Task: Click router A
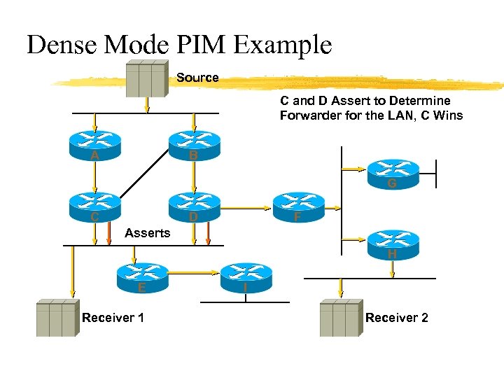tap(94, 145)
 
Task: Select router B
tap(194, 145)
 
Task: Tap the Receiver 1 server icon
tap(56, 318)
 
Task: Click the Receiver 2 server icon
tap(339, 318)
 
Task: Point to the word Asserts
tap(147, 233)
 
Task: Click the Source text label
tap(197, 78)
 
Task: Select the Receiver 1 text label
tap(113, 318)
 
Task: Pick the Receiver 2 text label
tap(396, 318)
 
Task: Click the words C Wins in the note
tap(442, 115)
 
